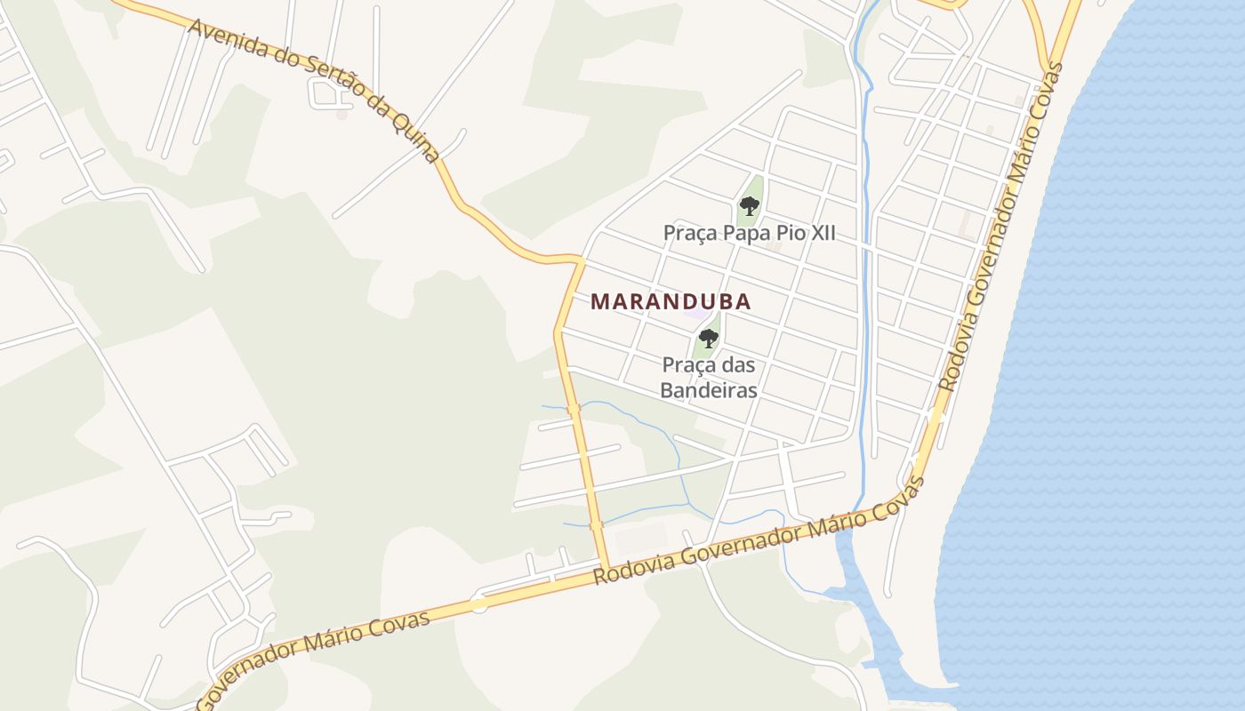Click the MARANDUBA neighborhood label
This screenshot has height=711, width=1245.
pyautogui.click(x=671, y=301)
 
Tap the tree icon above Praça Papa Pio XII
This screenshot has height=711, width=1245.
pyautogui.click(x=750, y=206)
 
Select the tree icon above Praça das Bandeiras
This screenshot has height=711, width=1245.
pyautogui.click(x=709, y=338)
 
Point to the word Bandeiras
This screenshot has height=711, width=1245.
pyautogui.click(x=709, y=390)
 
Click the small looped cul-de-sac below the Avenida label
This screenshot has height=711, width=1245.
pyautogui.click(x=320, y=92)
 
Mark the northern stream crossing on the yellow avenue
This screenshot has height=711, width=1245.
pyautogui.click(x=573, y=410)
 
